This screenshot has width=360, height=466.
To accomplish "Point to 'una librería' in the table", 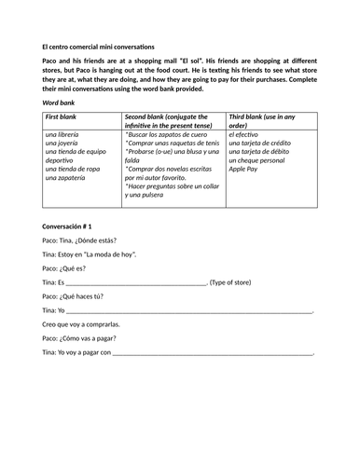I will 64,136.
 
